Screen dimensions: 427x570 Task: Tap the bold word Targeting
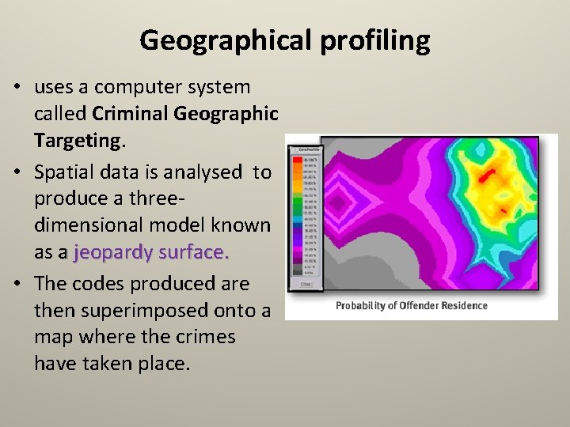pos(76,141)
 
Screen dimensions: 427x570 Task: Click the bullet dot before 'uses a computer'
pos(17,87)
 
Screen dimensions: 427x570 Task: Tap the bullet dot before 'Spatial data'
pos(17,172)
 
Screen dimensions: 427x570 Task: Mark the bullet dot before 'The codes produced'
pos(17,283)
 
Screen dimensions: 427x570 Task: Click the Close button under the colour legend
pos(306,285)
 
